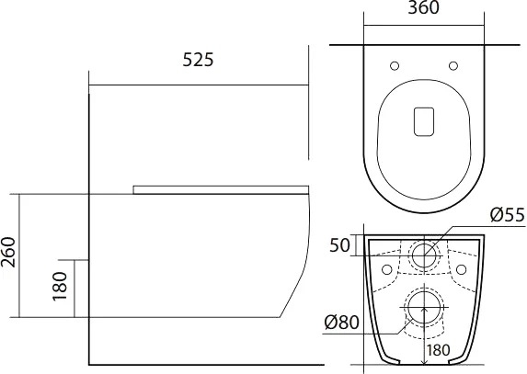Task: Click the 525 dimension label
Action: [198, 60]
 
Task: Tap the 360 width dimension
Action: [423, 7]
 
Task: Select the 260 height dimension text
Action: [8, 252]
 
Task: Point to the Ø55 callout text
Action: [507, 215]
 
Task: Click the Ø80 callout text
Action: [342, 323]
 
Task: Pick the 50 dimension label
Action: [339, 245]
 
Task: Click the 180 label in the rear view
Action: [439, 350]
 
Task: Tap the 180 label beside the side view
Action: [61, 286]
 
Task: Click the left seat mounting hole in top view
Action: [395, 66]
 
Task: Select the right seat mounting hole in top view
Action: [453, 66]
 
